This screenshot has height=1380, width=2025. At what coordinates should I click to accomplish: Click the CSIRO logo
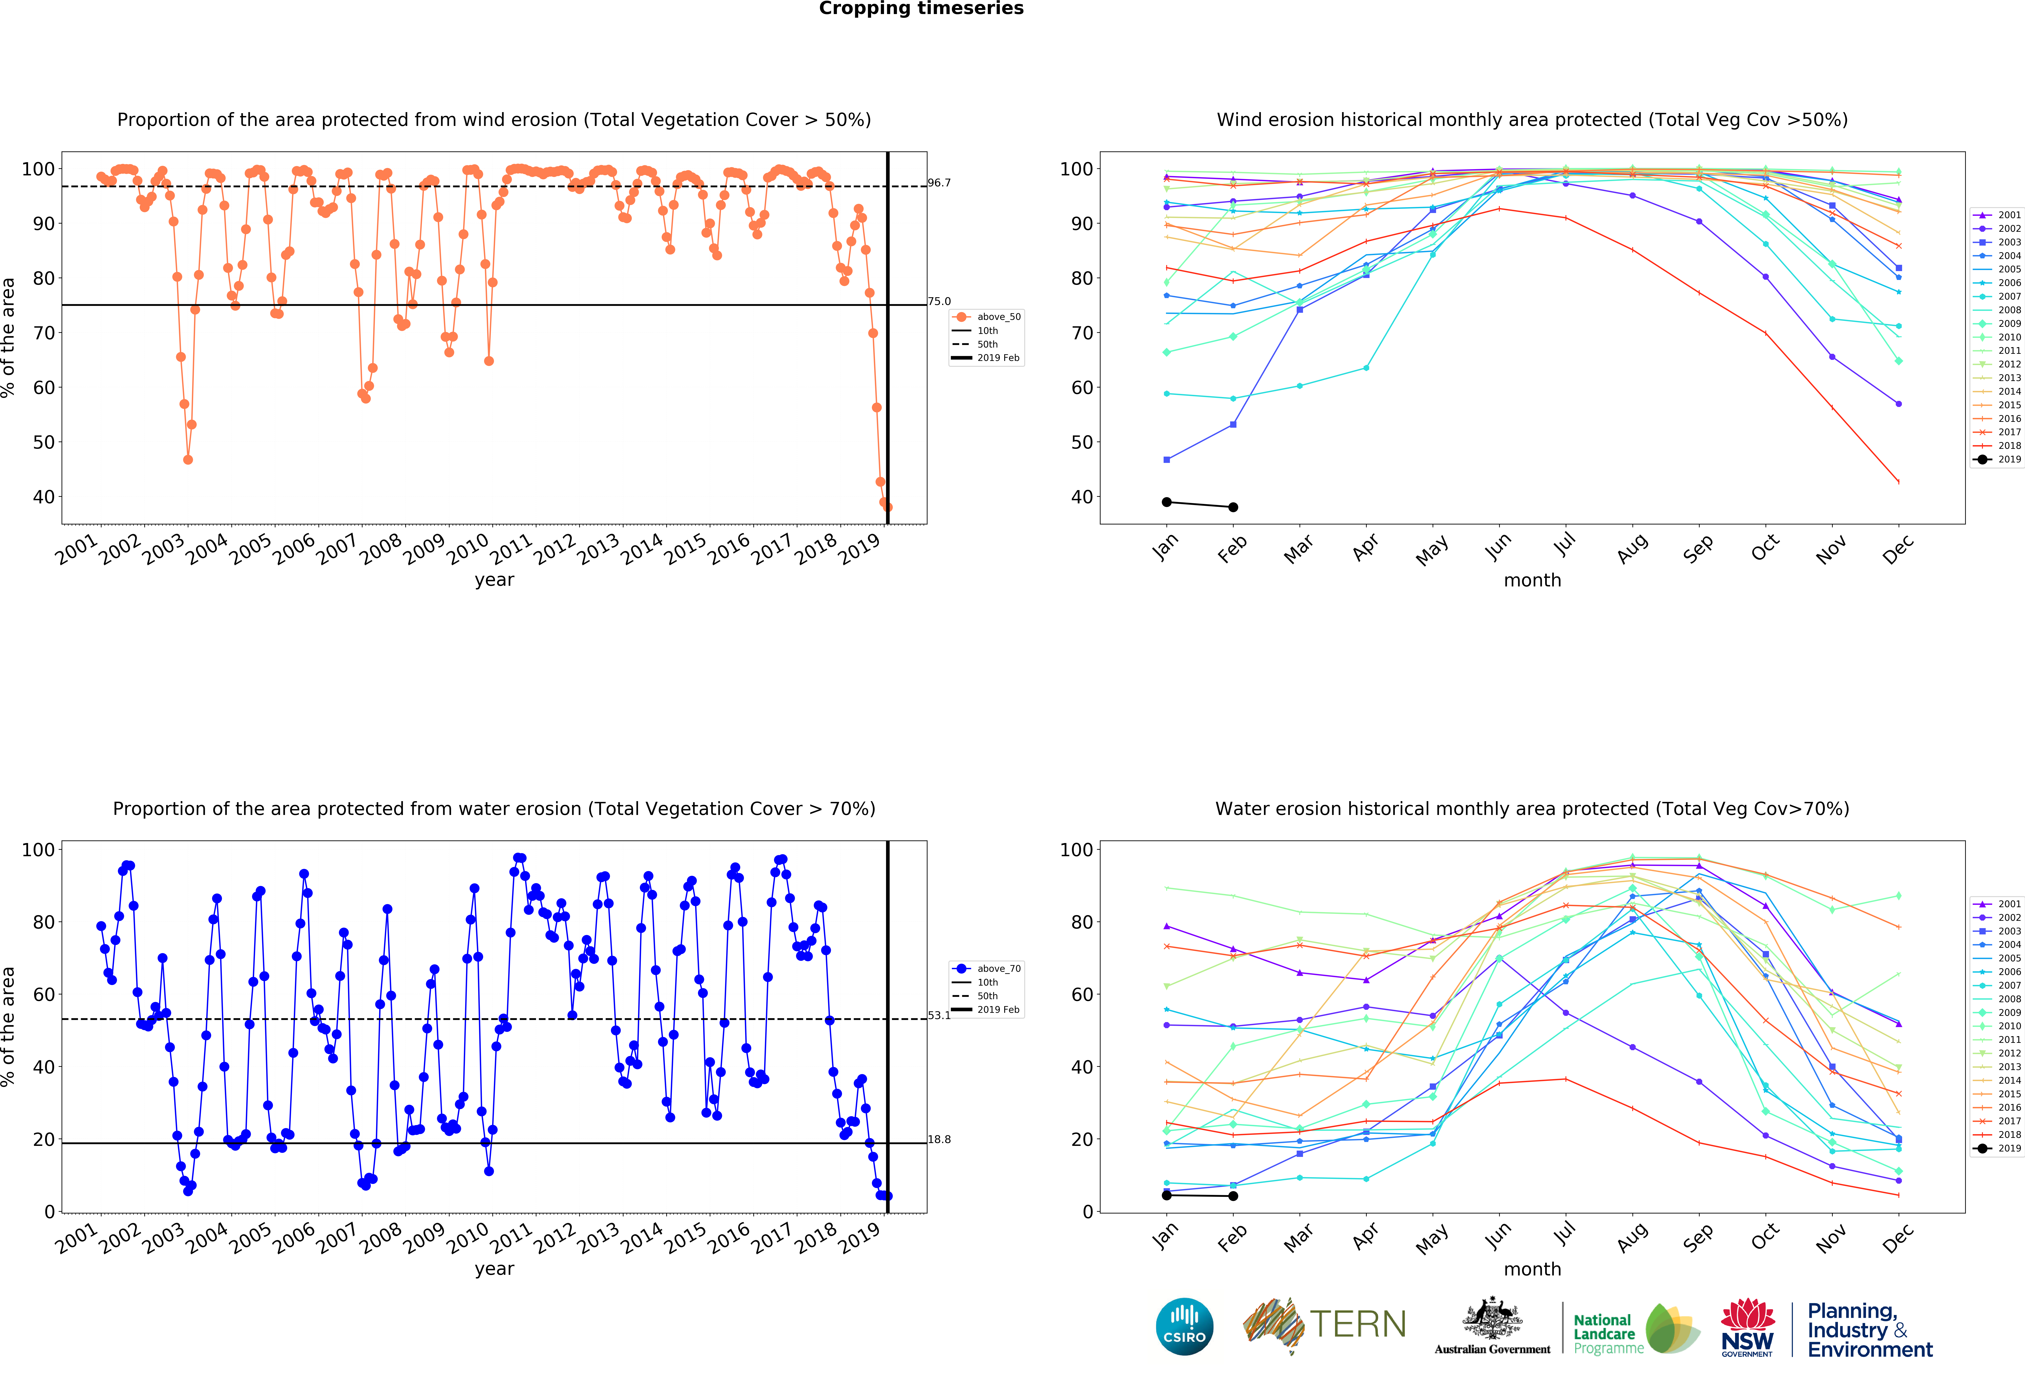pyautogui.click(x=1184, y=1327)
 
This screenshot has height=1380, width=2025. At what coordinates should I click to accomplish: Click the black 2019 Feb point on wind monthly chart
pyautogui.click(x=1233, y=507)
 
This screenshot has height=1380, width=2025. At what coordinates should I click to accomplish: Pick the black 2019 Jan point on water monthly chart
pyautogui.click(x=1167, y=1195)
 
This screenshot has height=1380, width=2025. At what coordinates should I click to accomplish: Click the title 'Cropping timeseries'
pyautogui.click(x=921, y=9)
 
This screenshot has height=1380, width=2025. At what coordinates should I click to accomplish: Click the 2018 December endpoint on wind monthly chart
pyautogui.click(x=1899, y=482)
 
